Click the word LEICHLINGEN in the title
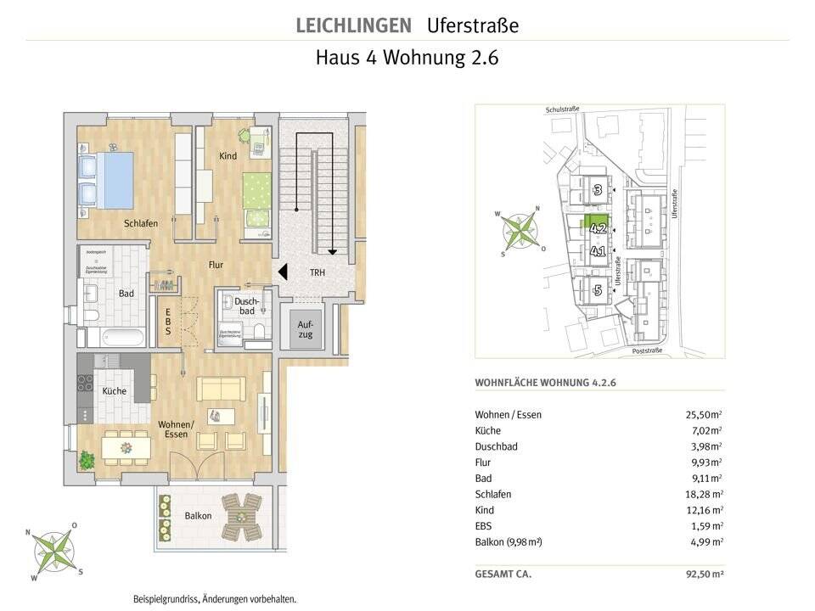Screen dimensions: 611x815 (x=353, y=25)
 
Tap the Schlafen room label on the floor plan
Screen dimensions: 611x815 (x=141, y=223)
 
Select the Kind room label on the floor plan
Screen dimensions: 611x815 (x=228, y=156)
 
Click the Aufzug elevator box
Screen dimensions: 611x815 (x=305, y=329)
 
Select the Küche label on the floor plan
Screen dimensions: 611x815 (x=114, y=391)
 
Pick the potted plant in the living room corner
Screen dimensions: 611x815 (x=87, y=461)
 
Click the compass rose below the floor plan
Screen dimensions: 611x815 (x=53, y=552)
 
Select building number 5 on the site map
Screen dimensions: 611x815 (x=598, y=289)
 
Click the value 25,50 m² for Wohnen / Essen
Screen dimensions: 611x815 (x=703, y=414)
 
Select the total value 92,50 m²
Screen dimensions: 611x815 (x=703, y=575)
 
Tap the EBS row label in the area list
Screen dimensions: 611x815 (x=484, y=526)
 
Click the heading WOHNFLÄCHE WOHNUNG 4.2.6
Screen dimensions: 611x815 (x=545, y=383)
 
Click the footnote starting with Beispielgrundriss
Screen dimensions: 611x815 (x=215, y=599)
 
